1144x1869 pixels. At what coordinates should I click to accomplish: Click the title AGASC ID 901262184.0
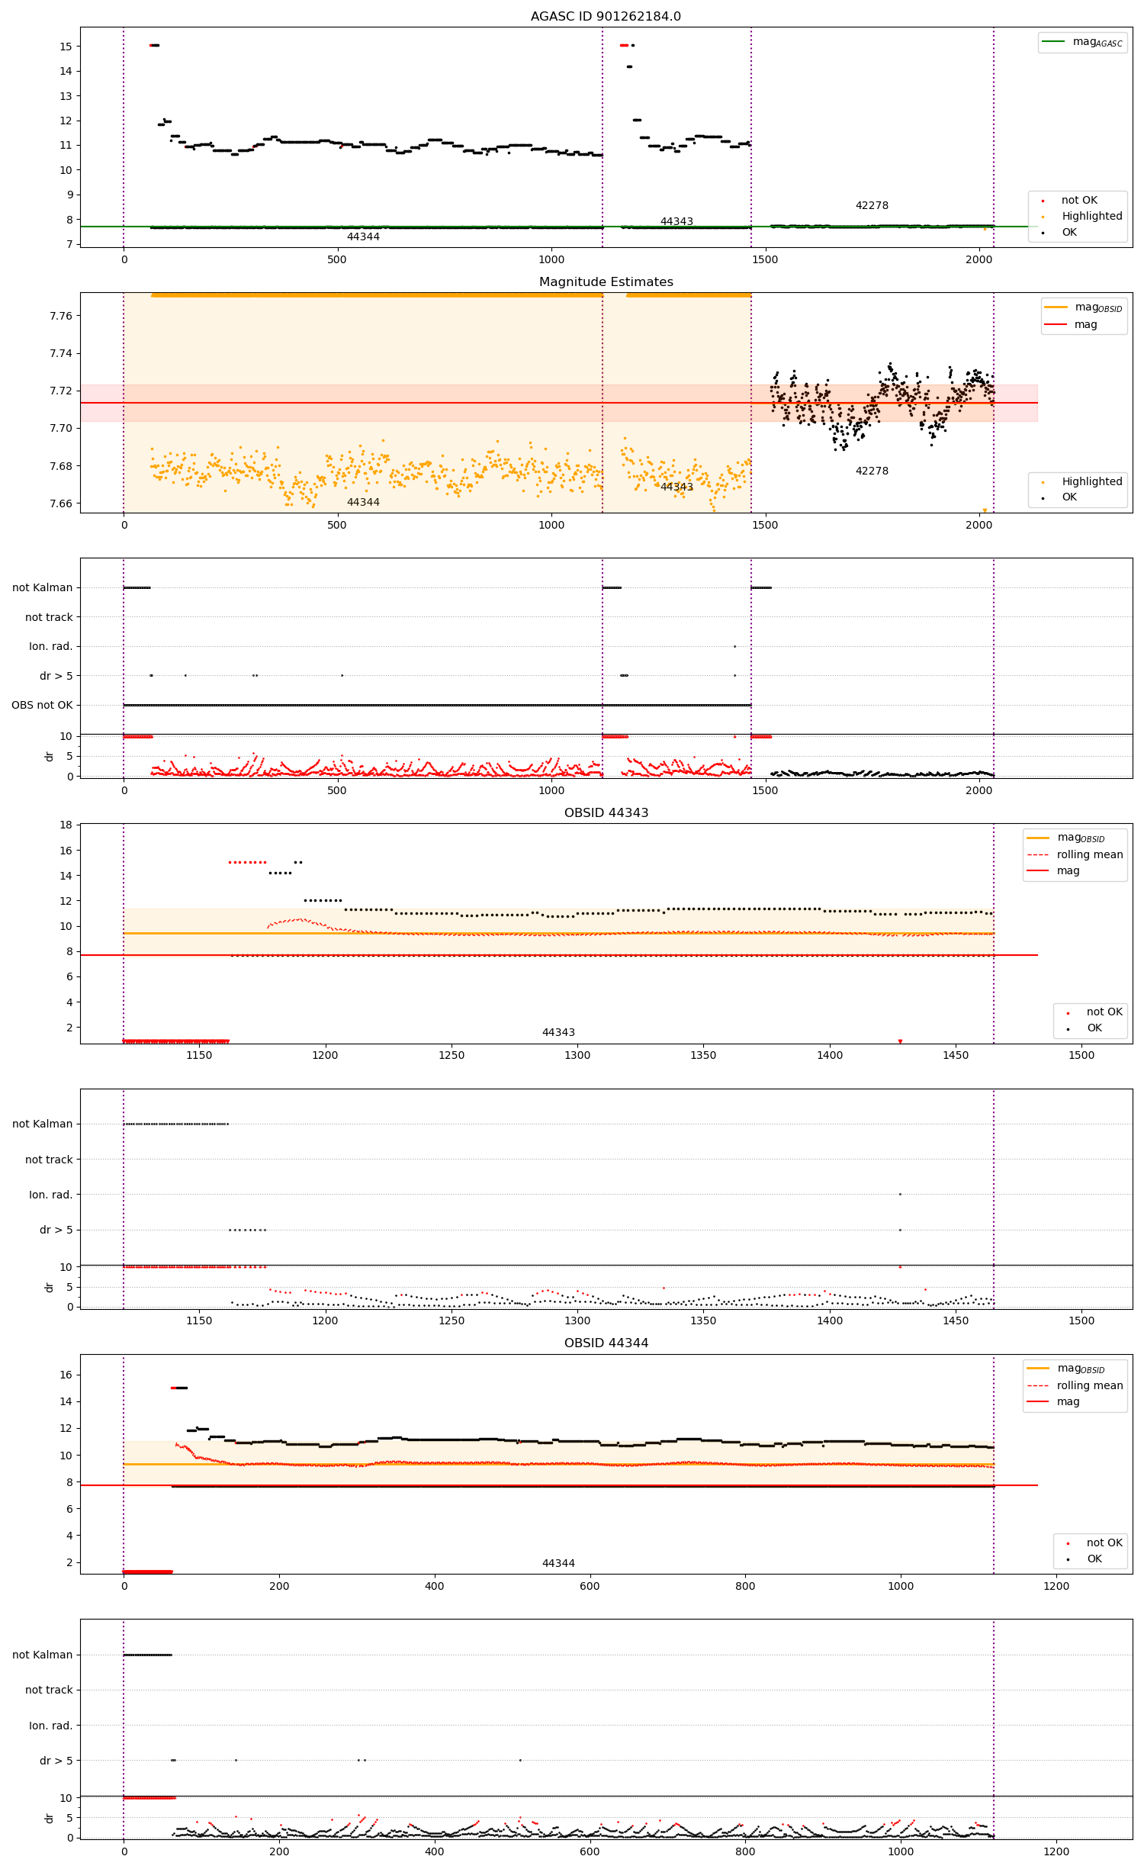coord(606,16)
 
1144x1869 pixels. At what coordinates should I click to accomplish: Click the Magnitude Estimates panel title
coord(606,281)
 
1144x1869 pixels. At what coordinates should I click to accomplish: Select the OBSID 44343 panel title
coord(606,812)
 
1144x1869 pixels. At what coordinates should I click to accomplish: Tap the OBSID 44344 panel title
coord(606,1343)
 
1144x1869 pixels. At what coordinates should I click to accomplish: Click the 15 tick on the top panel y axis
coord(66,46)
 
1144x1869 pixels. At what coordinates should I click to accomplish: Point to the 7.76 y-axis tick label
coord(60,316)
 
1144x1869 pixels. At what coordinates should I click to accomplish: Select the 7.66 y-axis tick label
coord(60,503)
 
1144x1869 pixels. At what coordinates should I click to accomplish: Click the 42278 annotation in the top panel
coord(872,205)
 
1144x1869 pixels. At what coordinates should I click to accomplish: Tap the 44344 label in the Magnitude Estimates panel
coord(363,502)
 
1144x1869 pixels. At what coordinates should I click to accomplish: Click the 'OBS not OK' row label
coord(42,705)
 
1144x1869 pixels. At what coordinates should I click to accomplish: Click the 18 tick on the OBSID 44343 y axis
coord(66,825)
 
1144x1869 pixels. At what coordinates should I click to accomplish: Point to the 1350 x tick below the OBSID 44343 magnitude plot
coord(703,1055)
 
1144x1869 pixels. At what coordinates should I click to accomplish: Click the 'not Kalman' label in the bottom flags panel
coord(42,1655)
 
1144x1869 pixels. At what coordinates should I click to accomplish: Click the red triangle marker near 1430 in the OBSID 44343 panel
coord(900,1041)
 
